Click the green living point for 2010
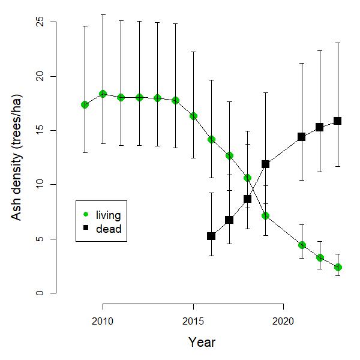pyautogui.click(x=103, y=94)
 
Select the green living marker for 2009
pyautogui.click(x=85, y=105)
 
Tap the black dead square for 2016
pyautogui.click(x=211, y=236)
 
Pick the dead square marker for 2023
pyautogui.click(x=338, y=121)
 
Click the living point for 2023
pyautogui.click(x=338, y=267)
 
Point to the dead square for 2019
pyautogui.click(x=265, y=164)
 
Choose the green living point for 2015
pyautogui.click(x=193, y=116)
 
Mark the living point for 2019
pyautogui.click(x=265, y=215)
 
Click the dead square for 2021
pyautogui.click(x=301, y=137)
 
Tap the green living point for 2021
pyautogui.click(x=302, y=245)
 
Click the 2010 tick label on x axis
pyautogui.click(x=103, y=320)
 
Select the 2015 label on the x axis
pyautogui.click(x=193, y=320)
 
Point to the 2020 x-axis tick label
pyautogui.click(x=283, y=320)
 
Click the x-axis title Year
pyautogui.click(x=202, y=343)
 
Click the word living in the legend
pyautogui.click(x=109, y=215)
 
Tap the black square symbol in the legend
pyautogui.click(x=86, y=229)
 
